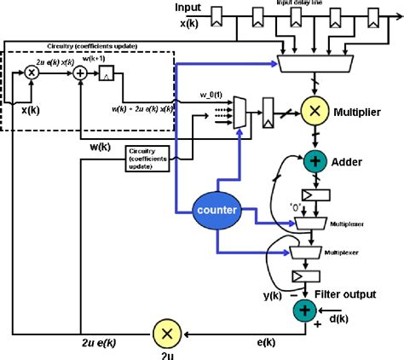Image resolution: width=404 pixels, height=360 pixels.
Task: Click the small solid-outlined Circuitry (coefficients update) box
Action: [x=147, y=158]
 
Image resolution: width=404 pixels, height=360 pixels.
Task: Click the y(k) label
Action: [x=273, y=295]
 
